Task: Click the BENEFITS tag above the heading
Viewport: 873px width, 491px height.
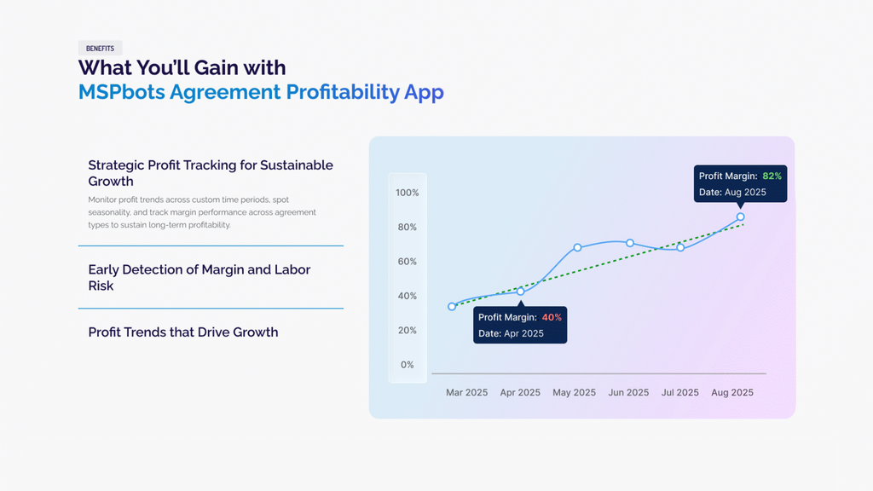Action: click(x=101, y=49)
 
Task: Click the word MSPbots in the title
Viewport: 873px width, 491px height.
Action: click(x=121, y=92)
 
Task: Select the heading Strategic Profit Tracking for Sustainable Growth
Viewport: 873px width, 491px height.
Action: click(x=211, y=173)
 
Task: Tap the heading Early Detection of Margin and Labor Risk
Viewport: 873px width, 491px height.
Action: click(x=199, y=277)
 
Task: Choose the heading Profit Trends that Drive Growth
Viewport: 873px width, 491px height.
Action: click(x=183, y=332)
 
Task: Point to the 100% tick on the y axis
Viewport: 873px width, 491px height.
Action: click(x=407, y=193)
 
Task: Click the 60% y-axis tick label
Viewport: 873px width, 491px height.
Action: click(x=407, y=262)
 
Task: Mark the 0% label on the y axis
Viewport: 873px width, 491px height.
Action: click(x=407, y=365)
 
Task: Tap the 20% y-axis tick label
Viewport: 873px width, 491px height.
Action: click(x=407, y=330)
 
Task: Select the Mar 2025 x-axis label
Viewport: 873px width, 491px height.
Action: click(x=466, y=392)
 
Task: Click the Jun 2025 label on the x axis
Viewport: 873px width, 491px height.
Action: click(x=628, y=392)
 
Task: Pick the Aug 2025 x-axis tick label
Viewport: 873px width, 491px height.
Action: click(x=732, y=392)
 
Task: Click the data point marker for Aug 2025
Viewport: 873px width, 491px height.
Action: click(x=741, y=217)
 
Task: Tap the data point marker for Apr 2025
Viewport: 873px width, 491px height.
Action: click(x=521, y=292)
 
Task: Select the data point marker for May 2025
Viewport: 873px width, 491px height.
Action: click(x=577, y=247)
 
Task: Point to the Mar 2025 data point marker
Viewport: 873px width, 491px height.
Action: click(x=452, y=306)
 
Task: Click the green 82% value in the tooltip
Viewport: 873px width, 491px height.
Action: click(x=772, y=176)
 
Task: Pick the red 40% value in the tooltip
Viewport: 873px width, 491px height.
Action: click(x=552, y=317)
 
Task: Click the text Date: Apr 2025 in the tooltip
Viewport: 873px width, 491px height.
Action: click(x=512, y=333)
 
